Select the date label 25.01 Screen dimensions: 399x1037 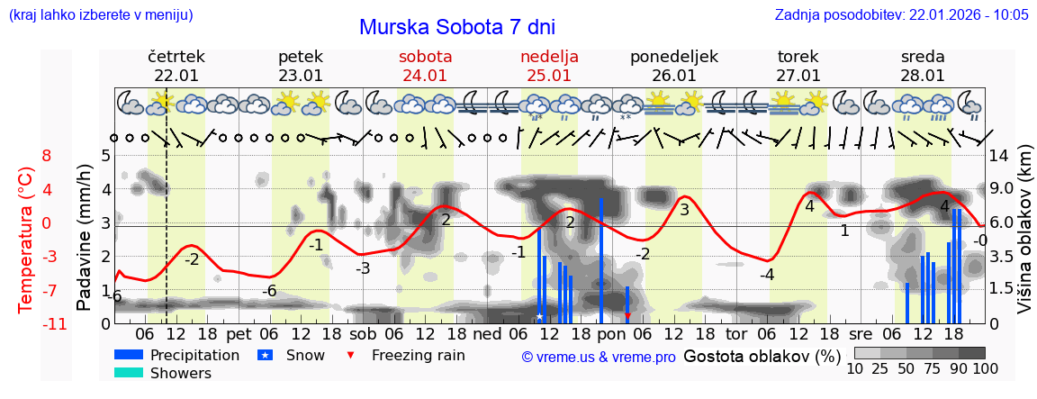point(549,76)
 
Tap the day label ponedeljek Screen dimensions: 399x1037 point(673,57)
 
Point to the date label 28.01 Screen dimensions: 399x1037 point(923,76)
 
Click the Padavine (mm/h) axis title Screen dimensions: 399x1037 point(84,238)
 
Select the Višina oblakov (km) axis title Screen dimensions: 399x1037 point(1024,238)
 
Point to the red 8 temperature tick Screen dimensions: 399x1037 point(47,155)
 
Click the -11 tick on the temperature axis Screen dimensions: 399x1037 point(41,323)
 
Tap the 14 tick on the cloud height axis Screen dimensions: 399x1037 point(1001,155)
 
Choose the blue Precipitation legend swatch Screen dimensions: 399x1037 point(129,355)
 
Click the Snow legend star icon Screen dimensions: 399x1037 point(266,355)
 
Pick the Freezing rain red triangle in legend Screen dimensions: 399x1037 point(352,355)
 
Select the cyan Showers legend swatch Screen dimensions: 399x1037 point(129,373)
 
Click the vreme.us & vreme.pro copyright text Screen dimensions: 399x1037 point(598,357)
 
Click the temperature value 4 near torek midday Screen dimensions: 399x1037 point(809,206)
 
